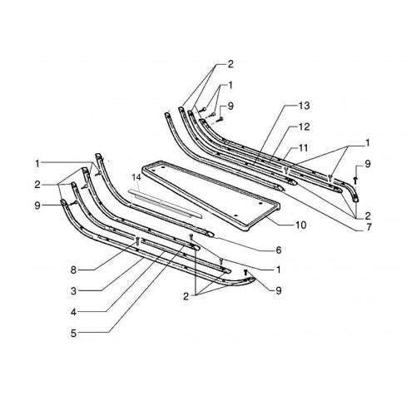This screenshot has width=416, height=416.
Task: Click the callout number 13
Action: pyautogui.click(x=305, y=106)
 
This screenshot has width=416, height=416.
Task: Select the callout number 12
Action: pyautogui.click(x=305, y=126)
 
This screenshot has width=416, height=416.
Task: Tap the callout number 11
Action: pyautogui.click(x=304, y=148)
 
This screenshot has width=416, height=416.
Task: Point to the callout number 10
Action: pyautogui.click(x=301, y=225)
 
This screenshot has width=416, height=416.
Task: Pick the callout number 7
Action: pyautogui.click(x=369, y=227)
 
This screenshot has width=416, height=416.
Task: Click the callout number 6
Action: pyautogui.click(x=279, y=250)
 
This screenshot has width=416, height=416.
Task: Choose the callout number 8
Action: pyautogui.click(x=73, y=270)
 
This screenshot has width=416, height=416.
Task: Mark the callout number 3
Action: pyautogui.click(x=73, y=291)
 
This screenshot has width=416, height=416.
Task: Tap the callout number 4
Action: pyautogui.click(x=73, y=312)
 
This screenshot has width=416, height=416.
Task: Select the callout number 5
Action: pyautogui.click(x=73, y=333)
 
